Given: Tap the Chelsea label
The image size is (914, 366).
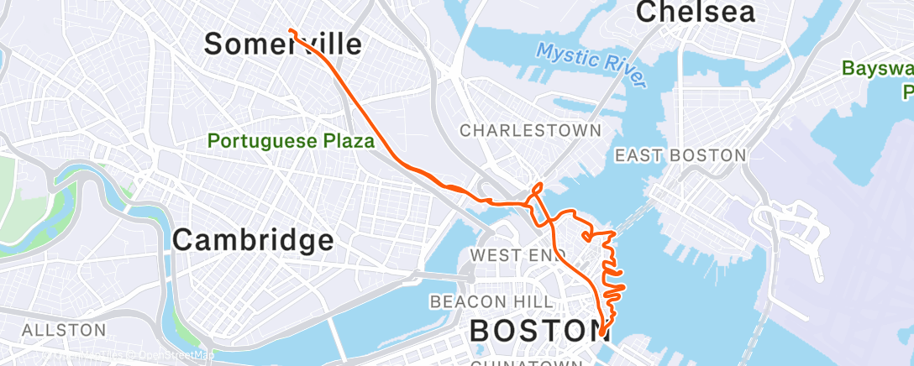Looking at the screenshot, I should (695, 12).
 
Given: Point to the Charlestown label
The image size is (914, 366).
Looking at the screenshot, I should (530, 130).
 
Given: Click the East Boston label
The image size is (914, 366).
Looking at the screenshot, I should (680, 155).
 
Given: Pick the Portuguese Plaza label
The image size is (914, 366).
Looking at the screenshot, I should (291, 140).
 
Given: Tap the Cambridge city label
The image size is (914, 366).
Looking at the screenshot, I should (253, 241).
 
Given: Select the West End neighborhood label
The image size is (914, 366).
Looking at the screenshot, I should (513, 254).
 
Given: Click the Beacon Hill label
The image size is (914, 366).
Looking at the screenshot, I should (491, 301).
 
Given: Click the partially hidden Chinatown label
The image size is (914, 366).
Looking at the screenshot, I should (526, 363).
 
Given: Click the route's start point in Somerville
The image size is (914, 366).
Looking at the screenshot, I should (290, 30).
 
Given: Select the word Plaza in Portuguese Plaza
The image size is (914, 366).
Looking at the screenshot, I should (345, 140).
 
